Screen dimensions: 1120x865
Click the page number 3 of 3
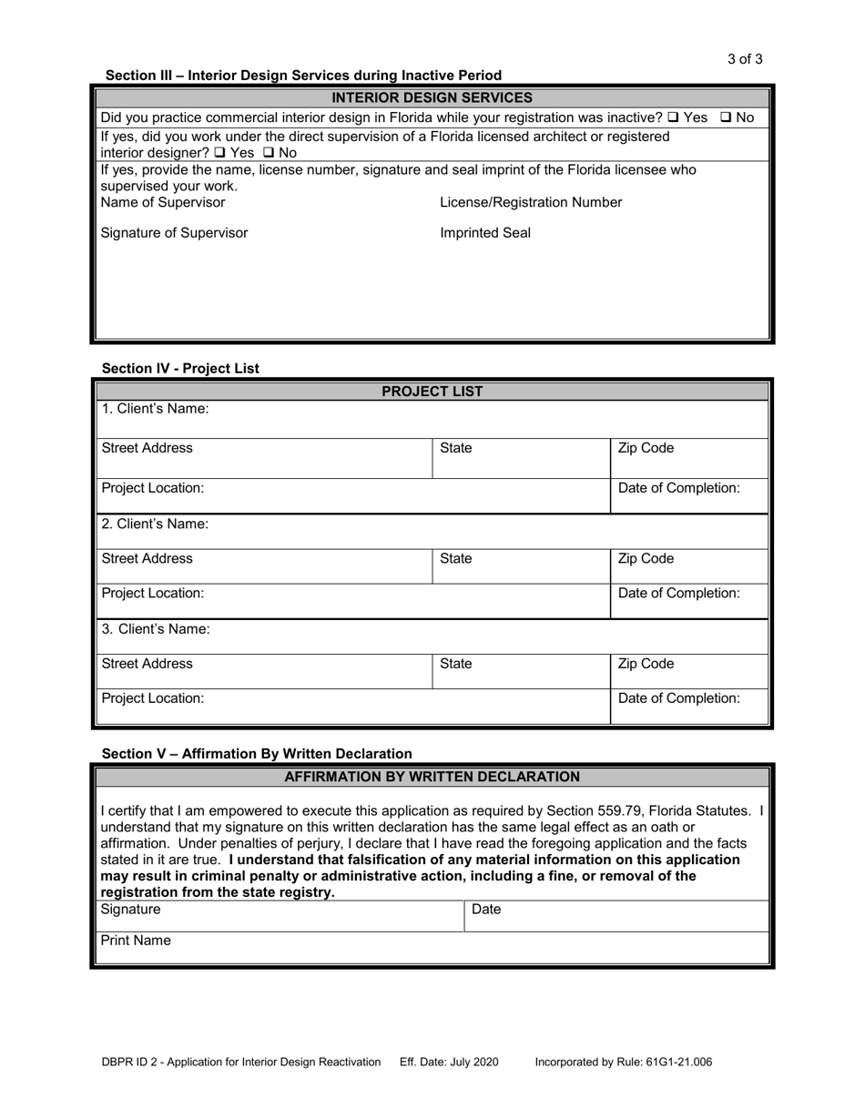(x=744, y=59)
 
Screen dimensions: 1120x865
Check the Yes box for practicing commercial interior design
(x=673, y=117)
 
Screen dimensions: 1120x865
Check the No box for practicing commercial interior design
(x=727, y=117)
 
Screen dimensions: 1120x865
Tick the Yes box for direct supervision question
(x=219, y=153)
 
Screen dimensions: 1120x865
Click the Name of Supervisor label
(x=162, y=202)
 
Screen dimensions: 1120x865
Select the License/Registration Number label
(x=531, y=202)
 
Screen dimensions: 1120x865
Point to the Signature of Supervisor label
(x=174, y=233)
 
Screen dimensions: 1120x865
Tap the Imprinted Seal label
(x=485, y=233)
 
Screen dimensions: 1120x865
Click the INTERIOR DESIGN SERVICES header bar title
(x=432, y=97)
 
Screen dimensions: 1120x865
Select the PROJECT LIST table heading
(x=432, y=392)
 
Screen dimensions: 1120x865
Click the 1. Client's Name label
(x=155, y=409)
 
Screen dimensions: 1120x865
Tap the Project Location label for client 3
(x=153, y=698)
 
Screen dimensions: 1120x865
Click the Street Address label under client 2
(x=147, y=558)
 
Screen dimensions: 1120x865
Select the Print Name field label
(x=136, y=941)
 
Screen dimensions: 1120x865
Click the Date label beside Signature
(x=486, y=910)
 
